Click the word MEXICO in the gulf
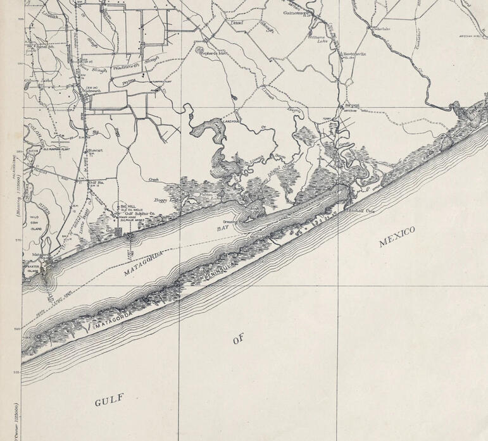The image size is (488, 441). tap(397, 237)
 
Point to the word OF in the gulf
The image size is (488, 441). tap(238, 340)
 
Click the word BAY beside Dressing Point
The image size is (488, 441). tap(223, 227)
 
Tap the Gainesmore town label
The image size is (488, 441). tap(295, 13)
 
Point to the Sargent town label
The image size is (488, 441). tap(350, 106)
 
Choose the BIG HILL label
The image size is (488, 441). tap(128, 206)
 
